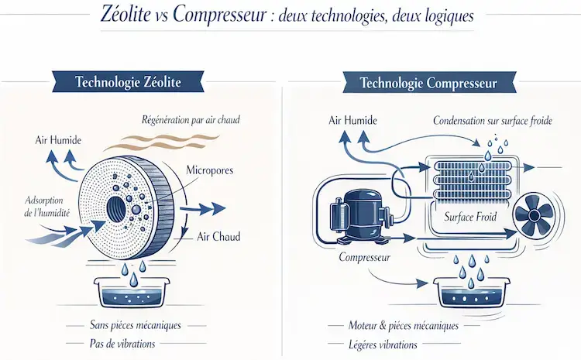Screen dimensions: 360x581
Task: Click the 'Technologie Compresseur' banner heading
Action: tap(428, 81)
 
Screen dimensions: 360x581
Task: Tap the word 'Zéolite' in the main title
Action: tap(129, 16)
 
